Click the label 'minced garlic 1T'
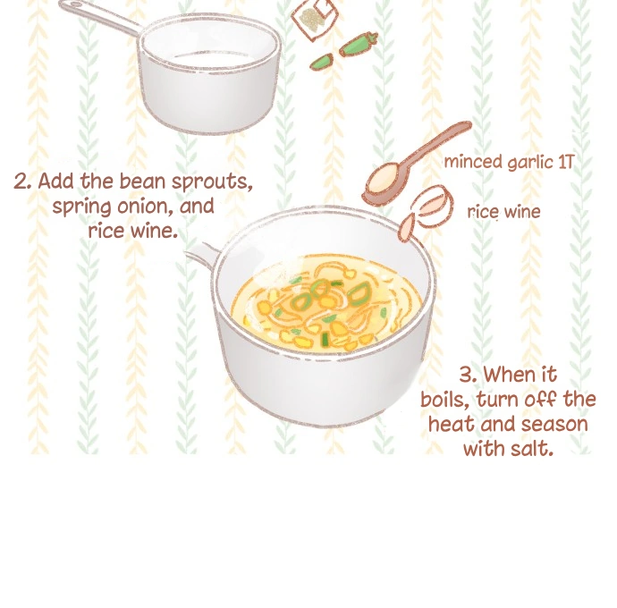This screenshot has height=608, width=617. pyautogui.click(x=509, y=162)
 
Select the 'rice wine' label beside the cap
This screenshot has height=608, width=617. pyautogui.click(x=503, y=212)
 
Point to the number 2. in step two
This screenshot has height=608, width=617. pyautogui.click(x=23, y=182)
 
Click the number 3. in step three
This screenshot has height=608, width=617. pyautogui.click(x=469, y=375)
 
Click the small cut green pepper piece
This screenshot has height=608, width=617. pyautogui.click(x=322, y=63)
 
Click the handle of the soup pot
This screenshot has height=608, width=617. pyautogui.click(x=203, y=254)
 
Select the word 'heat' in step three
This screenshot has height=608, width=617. pyautogui.click(x=451, y=424)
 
